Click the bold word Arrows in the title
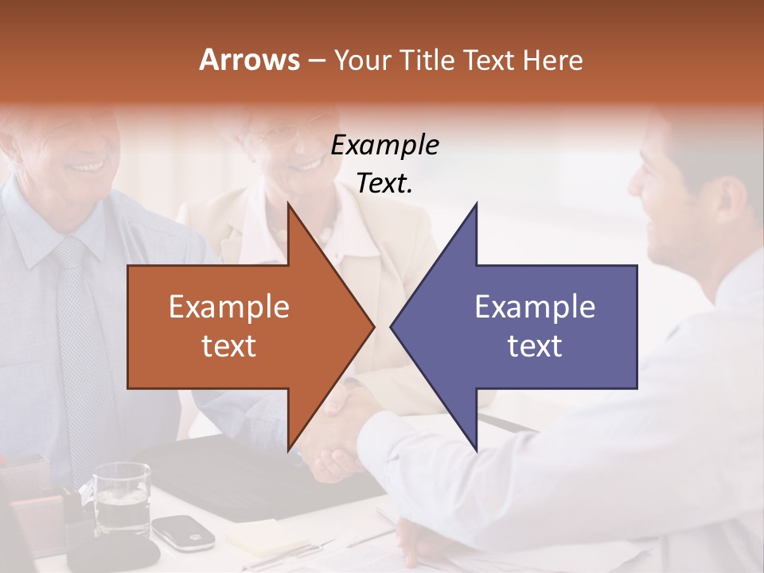tap(250, 60)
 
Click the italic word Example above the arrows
tap(384, 146)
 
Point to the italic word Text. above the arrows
tap(384, 184)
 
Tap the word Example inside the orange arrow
tap(229, 306)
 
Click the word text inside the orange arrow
tap(229, 346)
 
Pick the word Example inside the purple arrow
tap(535, 306)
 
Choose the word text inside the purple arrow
tap(535, 346)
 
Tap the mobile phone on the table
tap(183, 532)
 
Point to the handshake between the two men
tap(338, 434)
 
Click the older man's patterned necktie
tap(80, 334)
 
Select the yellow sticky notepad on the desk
tap(267, 537)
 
